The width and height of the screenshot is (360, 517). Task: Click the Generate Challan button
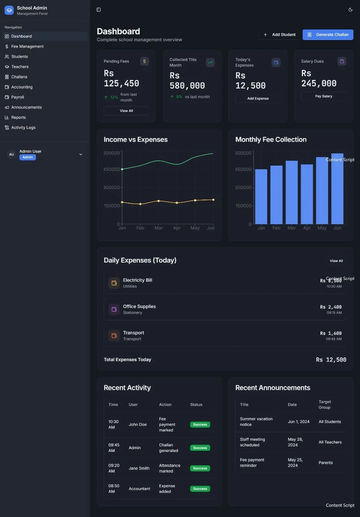328,35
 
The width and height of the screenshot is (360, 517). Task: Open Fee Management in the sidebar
27,46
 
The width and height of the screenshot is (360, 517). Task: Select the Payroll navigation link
18,97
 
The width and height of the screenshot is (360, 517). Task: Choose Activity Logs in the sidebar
23,128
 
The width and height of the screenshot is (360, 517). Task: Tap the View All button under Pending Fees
126,111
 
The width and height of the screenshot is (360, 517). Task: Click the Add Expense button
258,99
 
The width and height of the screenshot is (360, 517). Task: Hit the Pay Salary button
324,96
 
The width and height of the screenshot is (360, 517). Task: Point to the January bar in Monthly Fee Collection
261,197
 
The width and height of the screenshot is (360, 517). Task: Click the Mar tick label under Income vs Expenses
159,228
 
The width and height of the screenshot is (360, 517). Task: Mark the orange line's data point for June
213,200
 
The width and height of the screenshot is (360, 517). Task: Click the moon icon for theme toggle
350,10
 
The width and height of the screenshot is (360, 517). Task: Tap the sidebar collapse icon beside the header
98,10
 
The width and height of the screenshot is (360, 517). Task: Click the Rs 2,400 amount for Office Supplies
331,307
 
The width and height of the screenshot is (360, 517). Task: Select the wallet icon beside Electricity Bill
114,283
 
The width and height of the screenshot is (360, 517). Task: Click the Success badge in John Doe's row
200,425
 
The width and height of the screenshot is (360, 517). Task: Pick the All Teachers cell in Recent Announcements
330,442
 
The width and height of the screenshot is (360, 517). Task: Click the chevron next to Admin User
81,154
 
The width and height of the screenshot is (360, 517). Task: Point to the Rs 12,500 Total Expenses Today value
331,359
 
